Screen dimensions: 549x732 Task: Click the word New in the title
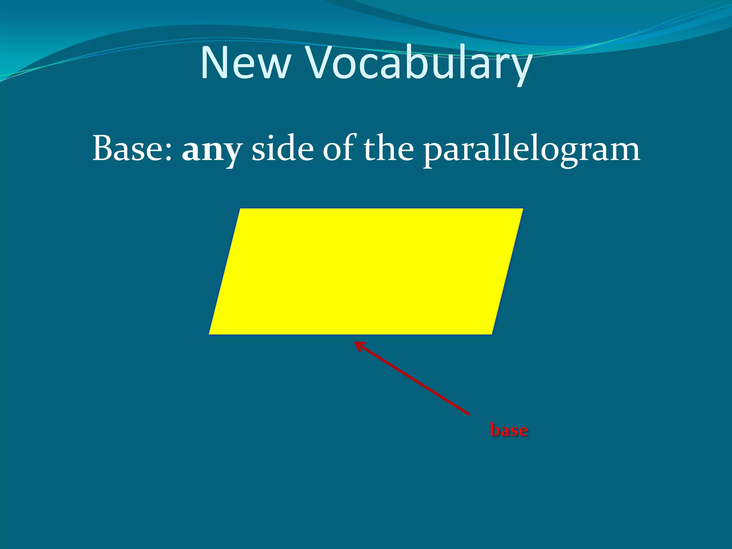tap(246, 63)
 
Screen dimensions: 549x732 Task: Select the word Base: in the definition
tap(133, 149)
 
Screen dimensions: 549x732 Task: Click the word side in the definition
tap(282, 148)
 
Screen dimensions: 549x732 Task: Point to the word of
tap(339, 148)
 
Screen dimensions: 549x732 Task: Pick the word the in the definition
tap(389, 148)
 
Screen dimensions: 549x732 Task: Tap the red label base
tap(509, 430)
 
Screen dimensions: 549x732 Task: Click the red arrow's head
tap(357, 344)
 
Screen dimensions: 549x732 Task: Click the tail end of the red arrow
tap(468, 414)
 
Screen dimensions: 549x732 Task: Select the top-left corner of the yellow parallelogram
tap(240, 209)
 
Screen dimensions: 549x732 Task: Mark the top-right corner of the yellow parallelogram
tap(523, 209)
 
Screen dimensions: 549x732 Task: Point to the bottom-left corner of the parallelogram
tap(209, 334)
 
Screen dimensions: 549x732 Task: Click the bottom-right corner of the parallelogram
tap(492, 334)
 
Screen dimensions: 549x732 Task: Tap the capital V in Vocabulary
tap(319, 63)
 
